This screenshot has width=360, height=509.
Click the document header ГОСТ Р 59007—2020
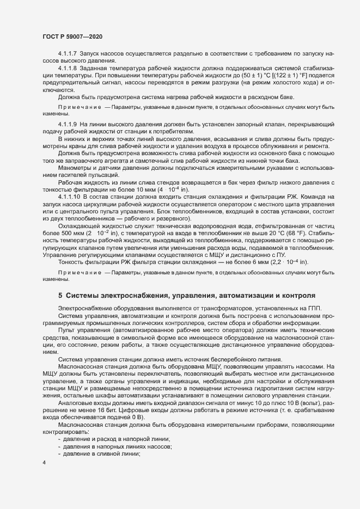pos(72,36)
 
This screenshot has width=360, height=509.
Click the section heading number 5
pos(60,296)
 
